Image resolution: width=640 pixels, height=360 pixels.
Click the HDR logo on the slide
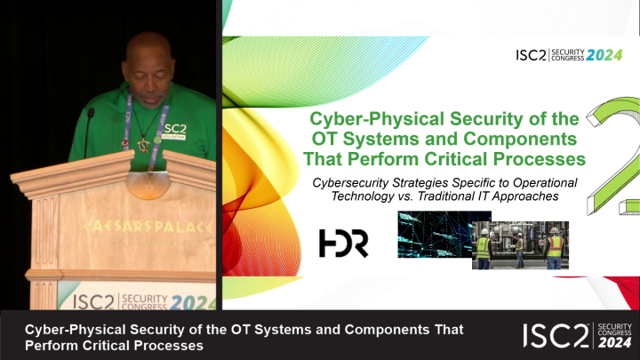343,243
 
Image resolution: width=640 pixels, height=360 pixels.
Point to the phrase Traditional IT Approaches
490,196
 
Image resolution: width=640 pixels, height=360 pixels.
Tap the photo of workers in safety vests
520,244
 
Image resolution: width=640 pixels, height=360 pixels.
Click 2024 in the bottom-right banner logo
614,343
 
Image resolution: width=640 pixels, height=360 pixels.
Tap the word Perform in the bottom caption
50,344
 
